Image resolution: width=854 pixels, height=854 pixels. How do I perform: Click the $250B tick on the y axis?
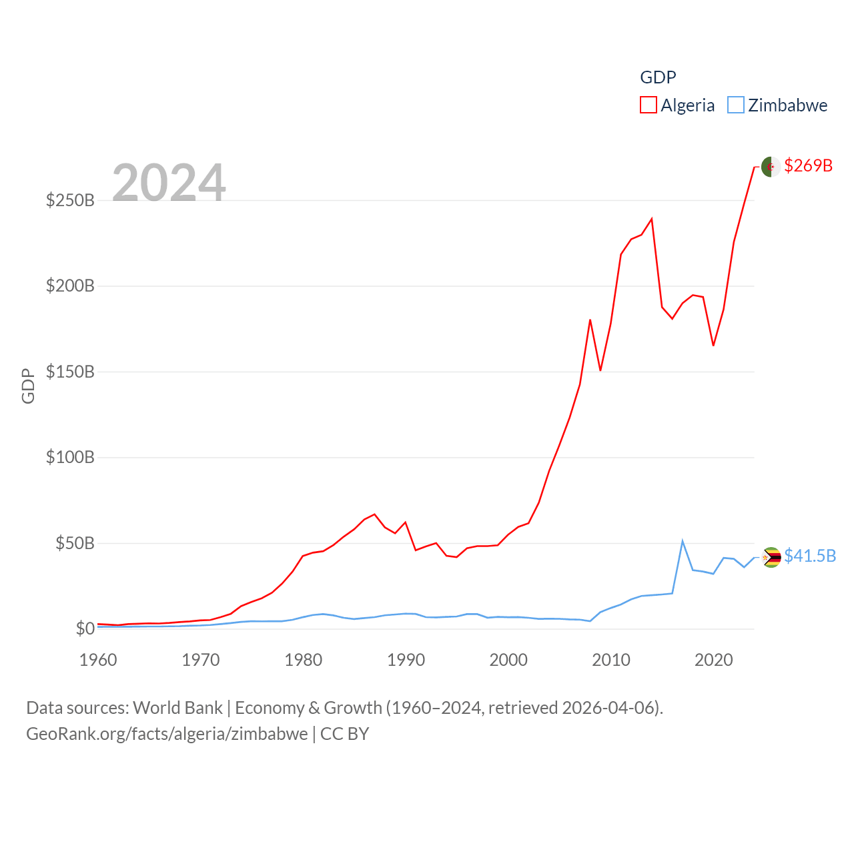(70, 200)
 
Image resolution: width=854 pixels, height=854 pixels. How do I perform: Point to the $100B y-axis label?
(70, 457)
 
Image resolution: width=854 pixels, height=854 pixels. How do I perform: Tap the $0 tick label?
(85, 628)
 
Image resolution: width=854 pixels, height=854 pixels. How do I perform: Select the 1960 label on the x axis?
(98, 660)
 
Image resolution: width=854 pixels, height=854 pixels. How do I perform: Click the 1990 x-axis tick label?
(406, 660)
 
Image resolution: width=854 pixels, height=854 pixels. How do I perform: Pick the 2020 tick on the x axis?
(713, 660)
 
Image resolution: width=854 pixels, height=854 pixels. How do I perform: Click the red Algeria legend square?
(649, 105)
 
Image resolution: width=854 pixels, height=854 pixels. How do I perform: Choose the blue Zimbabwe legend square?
(735, 105)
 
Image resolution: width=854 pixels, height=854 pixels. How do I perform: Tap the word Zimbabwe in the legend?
(787, 105)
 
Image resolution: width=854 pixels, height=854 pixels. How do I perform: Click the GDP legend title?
(658, 77)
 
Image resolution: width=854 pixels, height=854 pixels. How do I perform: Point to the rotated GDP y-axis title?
(28, 386)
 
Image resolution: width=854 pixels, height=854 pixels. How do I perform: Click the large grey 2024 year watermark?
(169, 182)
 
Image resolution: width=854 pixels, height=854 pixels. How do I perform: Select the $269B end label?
(808, 165)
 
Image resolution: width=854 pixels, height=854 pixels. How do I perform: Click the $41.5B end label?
(810, 556)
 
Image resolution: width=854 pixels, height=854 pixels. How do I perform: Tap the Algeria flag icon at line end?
(771, 167)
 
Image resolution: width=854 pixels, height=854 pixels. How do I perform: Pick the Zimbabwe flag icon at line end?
(771, 557)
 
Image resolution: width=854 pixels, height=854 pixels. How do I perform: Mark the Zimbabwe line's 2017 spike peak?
(683, 541)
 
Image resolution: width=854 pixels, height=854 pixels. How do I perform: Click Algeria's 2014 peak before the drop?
(652, 219)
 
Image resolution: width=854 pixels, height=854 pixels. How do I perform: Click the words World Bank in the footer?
(177, 707)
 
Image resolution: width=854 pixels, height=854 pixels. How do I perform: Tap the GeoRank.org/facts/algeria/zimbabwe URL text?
(167, 734)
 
